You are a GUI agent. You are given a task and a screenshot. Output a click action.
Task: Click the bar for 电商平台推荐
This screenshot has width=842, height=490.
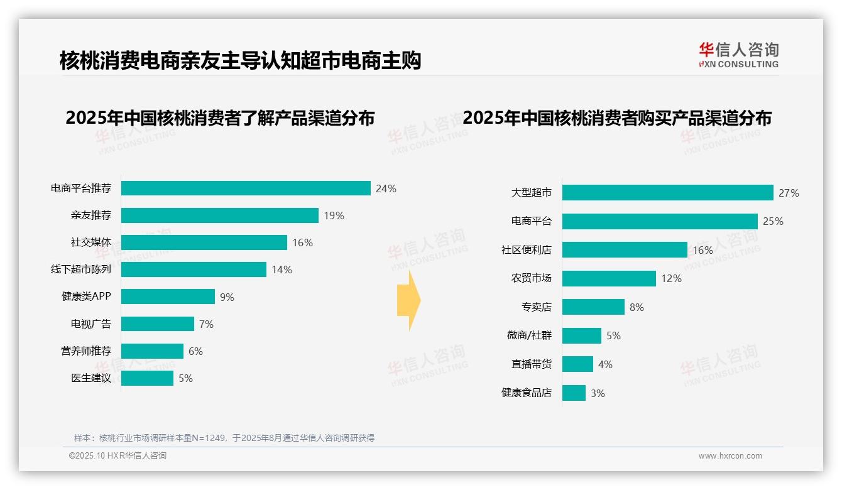tap(246, 188)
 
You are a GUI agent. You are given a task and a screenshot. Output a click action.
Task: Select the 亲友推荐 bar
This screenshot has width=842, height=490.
tap(220, 215)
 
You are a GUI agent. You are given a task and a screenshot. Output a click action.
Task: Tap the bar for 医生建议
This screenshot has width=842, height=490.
tap(147, 378)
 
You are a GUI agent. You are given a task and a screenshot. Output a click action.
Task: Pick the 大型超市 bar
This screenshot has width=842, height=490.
tap(667, 193)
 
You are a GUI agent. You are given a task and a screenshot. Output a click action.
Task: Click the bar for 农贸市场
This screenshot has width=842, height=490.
tap(609, 278)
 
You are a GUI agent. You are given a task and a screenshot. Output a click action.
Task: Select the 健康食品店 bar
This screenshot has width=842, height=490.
tap(574, 393)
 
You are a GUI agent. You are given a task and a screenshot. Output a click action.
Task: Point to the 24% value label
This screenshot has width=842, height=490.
tap(386, 188)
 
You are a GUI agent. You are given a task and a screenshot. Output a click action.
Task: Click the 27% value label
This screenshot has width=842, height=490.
tap(789, 193)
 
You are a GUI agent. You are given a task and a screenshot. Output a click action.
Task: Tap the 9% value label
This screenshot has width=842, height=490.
tap(227, 297)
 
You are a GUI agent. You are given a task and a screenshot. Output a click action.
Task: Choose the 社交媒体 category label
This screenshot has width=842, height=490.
tap(91, 242)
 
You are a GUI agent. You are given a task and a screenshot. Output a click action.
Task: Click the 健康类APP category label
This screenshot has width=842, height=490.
tap(86, 297)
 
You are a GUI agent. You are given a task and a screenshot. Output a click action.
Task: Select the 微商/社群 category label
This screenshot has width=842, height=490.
tap(529, 335)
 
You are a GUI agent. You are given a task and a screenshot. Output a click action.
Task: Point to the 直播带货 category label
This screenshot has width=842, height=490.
tap(531, 364)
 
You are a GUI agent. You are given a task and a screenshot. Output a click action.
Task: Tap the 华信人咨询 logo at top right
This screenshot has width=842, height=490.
tap(738, 55)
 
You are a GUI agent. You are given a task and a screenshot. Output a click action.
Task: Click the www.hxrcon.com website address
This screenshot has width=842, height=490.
tap(730, 456)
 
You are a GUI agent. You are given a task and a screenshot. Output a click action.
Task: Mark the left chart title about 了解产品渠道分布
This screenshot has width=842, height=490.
tap(220, 118)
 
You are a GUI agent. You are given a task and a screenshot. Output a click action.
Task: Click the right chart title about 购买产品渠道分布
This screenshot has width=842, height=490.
tap(617, 118)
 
